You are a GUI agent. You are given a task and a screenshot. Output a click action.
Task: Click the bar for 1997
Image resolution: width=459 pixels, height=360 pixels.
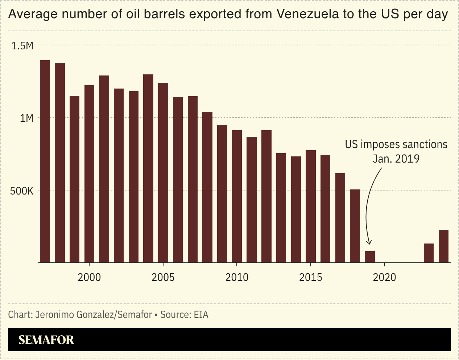(45, 161)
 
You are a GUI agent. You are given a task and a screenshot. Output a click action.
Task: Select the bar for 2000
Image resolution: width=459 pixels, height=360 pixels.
(89, 174)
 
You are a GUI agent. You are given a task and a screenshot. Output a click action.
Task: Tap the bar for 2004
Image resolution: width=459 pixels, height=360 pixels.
(148, 168)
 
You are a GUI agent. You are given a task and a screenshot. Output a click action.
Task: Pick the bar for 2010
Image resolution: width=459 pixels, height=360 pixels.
(237, 196)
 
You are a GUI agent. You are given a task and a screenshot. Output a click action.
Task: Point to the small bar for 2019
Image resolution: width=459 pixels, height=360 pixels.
(370, 257)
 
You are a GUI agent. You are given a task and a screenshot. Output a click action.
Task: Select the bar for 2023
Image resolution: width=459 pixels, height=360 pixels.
(429, 253)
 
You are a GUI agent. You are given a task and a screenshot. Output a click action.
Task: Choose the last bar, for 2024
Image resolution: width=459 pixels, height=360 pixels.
(444, 246)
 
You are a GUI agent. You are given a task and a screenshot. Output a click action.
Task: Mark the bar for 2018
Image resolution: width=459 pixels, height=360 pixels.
(355, 226)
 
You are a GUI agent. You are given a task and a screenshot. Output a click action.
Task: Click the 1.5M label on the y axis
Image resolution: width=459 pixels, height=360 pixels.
(22, 46)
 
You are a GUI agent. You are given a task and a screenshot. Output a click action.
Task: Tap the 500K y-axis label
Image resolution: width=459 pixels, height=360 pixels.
(21, 191)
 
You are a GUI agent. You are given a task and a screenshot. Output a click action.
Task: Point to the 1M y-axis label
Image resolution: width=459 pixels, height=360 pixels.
(26, 118)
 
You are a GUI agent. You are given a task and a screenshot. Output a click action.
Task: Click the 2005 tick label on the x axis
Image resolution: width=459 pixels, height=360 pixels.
(163, 278)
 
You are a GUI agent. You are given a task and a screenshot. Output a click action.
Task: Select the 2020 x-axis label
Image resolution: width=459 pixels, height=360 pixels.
(384, 278)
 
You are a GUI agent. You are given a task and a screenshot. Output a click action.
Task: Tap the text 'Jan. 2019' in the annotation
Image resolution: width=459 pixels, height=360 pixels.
(396, 159)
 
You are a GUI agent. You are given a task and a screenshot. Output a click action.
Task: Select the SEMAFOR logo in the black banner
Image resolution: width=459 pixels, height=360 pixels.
(46, 340)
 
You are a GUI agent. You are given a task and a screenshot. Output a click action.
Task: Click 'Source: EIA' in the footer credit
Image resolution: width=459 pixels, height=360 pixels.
(184, 314)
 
